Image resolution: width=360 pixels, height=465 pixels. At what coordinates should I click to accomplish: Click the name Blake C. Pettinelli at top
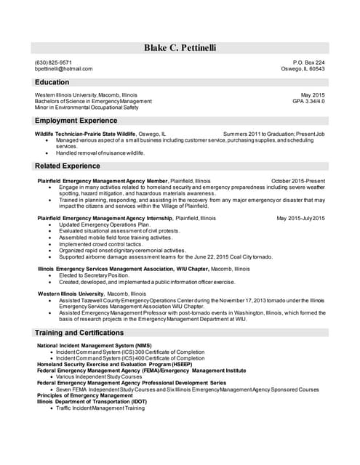180,48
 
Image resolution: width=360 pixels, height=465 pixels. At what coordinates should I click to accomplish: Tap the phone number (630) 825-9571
53,62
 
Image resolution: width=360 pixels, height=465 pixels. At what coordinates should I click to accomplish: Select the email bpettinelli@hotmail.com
64,69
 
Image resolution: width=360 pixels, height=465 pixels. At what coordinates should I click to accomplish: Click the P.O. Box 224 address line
308,62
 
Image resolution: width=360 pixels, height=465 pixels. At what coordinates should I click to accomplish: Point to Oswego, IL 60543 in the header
303,69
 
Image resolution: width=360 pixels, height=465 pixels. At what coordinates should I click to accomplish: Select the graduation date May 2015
313,95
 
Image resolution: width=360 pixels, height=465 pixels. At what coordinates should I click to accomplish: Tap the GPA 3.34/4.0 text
308,101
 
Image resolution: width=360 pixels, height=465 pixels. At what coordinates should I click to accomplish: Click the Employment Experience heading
76,120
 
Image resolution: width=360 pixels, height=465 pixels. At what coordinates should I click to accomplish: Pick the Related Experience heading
68,166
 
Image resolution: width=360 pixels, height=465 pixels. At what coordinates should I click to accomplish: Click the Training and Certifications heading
79,333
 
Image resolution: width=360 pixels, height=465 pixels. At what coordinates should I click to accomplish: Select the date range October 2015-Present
297,180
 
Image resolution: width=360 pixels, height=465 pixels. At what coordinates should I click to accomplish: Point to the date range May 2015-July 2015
300,218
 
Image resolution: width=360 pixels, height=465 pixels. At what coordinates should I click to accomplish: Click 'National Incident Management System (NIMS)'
95,345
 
